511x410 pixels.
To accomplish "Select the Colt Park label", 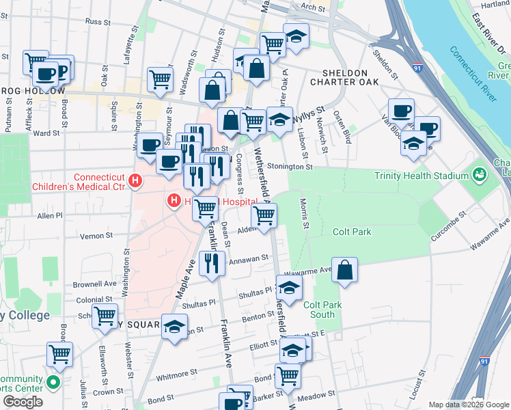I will [x=352, y=232].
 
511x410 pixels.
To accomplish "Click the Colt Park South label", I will [x=319, y=310].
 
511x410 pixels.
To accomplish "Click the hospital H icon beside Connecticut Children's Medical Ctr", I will [x=135, y=182].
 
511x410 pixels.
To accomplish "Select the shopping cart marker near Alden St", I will [x=264, y=217].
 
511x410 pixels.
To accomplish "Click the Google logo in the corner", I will [x=23, y=402].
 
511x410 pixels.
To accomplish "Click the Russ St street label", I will [x=98, y=22].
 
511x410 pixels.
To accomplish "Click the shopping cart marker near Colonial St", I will [x=105, y=316].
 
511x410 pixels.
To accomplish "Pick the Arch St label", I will [x=312, y=8].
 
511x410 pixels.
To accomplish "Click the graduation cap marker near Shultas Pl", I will [x=289, y=288].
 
